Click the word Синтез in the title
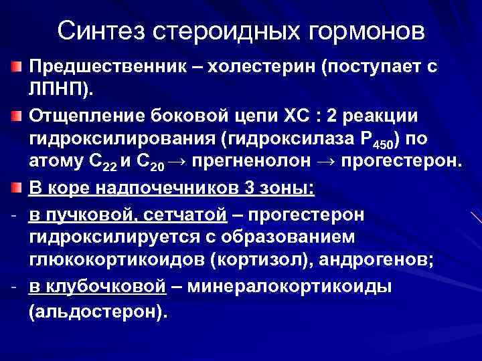(x=98, y=31)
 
